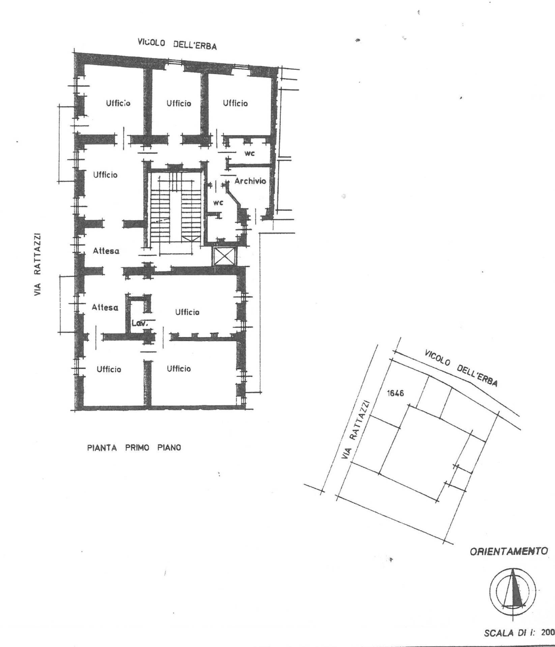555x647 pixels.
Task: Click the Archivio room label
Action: click(x=250, y=181)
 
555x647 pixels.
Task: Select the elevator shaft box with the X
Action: click(x=224, y=256)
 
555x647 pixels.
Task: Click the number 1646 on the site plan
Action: click(x=395, y=393)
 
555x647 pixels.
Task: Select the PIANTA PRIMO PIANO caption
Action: click(x=134, y=448)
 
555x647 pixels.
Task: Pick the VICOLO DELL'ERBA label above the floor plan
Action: click(x=177, y=44)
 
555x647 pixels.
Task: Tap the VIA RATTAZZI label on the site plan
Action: click(x=356, y=430)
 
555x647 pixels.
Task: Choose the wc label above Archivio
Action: click(x=250, y=153)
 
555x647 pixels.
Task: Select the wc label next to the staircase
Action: click(x=218, y=203)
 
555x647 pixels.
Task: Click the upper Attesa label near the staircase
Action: click(x=106, y=251)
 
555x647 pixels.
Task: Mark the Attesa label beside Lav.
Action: click(x=105, y=307)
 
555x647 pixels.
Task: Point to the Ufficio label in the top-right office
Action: click(x=235, y=103)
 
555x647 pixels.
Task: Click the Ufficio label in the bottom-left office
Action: click(x=109, y=369)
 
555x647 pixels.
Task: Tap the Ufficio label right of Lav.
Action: click(x=187, y=312)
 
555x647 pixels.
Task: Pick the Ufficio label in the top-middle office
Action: click(x=179, y=103)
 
